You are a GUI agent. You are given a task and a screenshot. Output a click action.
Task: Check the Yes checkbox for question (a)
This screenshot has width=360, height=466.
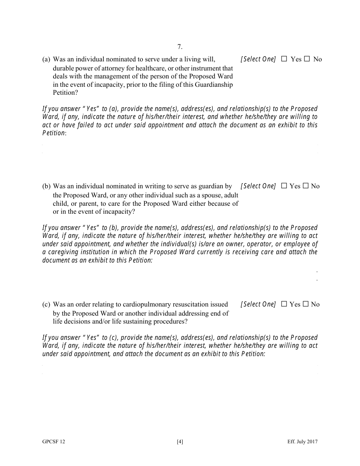(x=284, y=59)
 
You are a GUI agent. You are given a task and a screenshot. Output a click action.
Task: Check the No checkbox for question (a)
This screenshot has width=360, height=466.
(x=307, y=59)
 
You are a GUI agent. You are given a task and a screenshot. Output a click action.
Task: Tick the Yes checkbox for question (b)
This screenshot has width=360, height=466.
(x=284, y=186)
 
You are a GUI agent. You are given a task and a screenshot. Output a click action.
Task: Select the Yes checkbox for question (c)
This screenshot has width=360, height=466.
(x=284, y=304)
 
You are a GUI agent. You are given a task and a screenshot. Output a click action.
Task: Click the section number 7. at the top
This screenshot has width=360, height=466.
(x=180, y=47)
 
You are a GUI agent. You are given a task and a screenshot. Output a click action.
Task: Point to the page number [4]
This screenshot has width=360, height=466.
(x=180, y=441)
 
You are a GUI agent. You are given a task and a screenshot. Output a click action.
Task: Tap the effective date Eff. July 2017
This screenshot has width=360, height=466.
(x=302, y=441)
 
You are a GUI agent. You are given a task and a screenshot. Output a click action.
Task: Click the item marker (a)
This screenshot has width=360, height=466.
(x=46, y=59)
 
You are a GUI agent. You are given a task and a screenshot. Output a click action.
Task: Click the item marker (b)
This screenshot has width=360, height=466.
(x=46, y=186)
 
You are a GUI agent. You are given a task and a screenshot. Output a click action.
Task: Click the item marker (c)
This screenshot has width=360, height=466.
(x=46, y=305)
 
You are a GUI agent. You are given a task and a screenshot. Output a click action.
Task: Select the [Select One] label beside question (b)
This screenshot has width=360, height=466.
(x=258, y=186)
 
